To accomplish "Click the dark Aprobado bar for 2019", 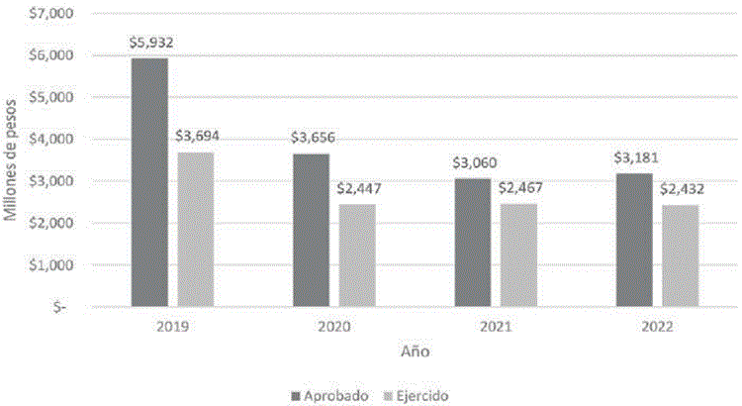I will pos(149,182).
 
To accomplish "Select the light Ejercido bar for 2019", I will pos(196,229).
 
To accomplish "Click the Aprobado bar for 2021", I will pos(472,243).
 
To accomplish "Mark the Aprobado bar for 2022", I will pos(634,240).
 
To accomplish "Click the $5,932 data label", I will pos(149,43).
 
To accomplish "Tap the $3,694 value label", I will pos(196,137).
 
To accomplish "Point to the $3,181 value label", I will pos(634,157).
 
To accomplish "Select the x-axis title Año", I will pos(415,352).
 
